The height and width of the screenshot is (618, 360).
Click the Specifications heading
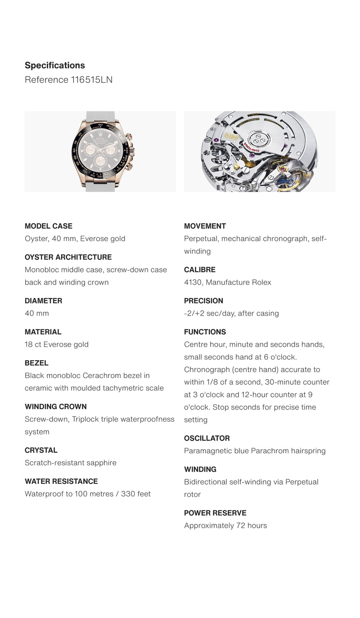(x=54, y=65)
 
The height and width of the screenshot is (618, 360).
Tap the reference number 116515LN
(x=91, y=80)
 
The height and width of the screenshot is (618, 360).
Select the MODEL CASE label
(x=48, y=226)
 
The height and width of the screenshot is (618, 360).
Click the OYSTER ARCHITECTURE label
(x=68, y=257)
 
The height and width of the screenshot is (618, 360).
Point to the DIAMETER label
(x=43, y=301)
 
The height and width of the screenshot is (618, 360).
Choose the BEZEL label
(x=36, y=363)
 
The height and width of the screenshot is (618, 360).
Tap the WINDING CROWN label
(x=56, y=406)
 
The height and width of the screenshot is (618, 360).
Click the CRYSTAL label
(x=41, y=450)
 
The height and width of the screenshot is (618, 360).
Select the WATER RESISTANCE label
(x=61, y=481)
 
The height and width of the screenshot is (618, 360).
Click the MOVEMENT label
(x=205, y=226)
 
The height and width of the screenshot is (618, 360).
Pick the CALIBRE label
(x=199, y=270)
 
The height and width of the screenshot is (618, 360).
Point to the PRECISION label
(x=203, y=301)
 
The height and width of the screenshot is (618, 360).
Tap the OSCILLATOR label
(x=207, y=438)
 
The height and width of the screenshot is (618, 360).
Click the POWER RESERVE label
(x=215, y=513)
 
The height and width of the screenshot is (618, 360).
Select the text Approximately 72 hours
(x=225, y=525)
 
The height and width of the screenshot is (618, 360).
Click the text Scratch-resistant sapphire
(x=71, y=463)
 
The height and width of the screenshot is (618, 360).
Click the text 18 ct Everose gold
(x=57, y=344)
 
